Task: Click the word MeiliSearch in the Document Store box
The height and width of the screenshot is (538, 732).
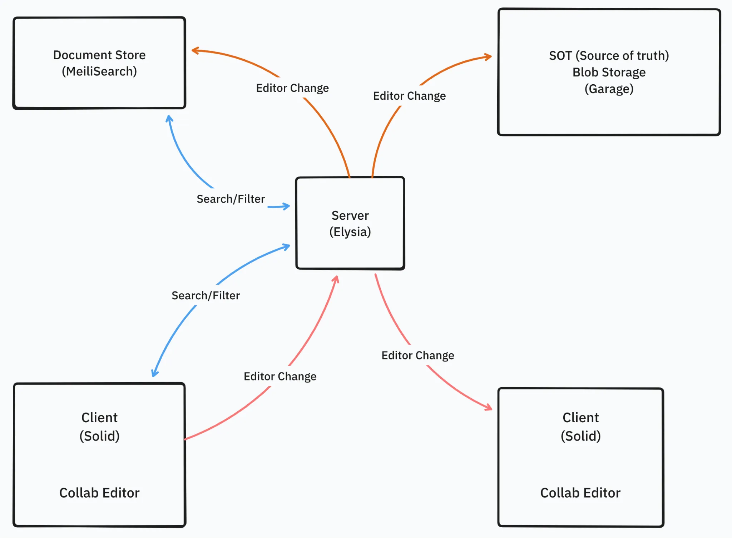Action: [99, 71]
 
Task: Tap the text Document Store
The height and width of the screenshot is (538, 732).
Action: [99, 55]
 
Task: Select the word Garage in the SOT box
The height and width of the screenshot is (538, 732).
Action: [609, 89]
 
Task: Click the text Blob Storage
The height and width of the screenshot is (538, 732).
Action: [609, 72]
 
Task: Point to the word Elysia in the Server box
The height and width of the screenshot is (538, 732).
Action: [350, 232]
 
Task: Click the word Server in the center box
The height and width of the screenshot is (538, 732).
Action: [350, 215]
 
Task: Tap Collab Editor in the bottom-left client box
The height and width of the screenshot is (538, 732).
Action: [99, 493]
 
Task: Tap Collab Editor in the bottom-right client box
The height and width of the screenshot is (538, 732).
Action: [580, 493]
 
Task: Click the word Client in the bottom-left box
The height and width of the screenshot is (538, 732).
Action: [99, 418]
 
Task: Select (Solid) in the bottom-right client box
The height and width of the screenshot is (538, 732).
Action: [580, 436]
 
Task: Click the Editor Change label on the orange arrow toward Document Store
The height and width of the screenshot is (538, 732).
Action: [292, 88]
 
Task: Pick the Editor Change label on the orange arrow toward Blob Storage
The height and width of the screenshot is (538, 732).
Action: [409, 96]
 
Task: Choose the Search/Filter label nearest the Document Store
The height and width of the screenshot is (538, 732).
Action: [231, 199]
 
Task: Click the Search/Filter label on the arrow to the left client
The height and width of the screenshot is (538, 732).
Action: [206, 295]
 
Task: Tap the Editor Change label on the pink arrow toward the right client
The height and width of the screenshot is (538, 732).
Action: [417, 355]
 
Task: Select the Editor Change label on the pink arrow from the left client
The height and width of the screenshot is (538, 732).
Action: [280, 376]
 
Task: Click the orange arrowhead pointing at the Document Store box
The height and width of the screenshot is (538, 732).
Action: [194, 51]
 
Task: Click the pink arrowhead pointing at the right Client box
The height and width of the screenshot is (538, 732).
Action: [489, 408]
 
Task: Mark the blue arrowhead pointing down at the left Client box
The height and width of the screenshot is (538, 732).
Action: [154, 373]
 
